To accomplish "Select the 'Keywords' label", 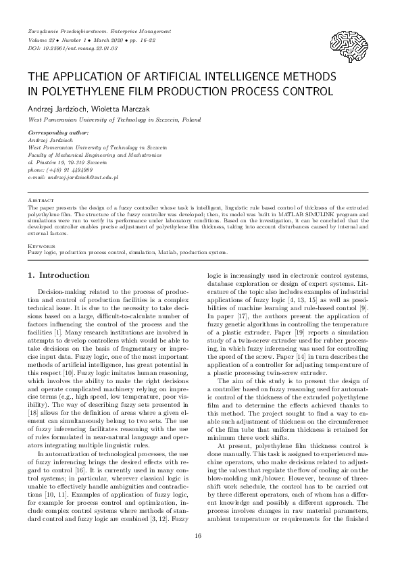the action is tap(41, 247).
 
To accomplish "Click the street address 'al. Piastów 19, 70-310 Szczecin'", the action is tap(67, 162).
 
